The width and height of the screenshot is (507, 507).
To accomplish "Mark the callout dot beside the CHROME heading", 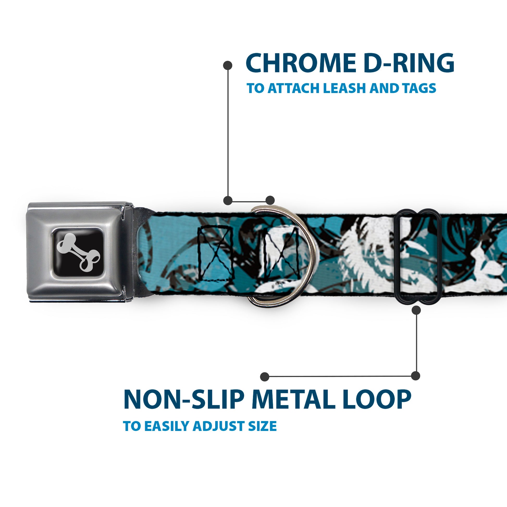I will click(227, 65).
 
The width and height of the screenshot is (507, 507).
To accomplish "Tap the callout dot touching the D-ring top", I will click(270, 200).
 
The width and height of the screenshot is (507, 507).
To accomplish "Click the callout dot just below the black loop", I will click(416, 311).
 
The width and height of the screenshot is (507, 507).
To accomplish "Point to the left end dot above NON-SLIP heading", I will click(265, 377).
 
